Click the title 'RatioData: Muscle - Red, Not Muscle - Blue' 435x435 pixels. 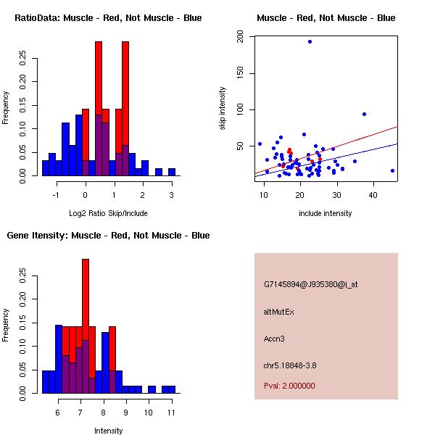[108, 17]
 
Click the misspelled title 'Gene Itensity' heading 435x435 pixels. [108, 235]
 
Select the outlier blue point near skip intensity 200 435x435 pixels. [310, 41]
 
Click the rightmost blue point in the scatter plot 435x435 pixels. [392, 170]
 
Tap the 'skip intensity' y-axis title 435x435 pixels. [223, 108]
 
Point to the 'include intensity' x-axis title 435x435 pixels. [326, 213]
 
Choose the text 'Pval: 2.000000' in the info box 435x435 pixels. [289, 386]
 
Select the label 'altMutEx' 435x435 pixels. [279, 311]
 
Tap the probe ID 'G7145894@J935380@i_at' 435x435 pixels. [310, 284]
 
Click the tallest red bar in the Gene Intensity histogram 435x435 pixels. [85, 297]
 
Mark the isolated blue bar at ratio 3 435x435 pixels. [171, 172]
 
